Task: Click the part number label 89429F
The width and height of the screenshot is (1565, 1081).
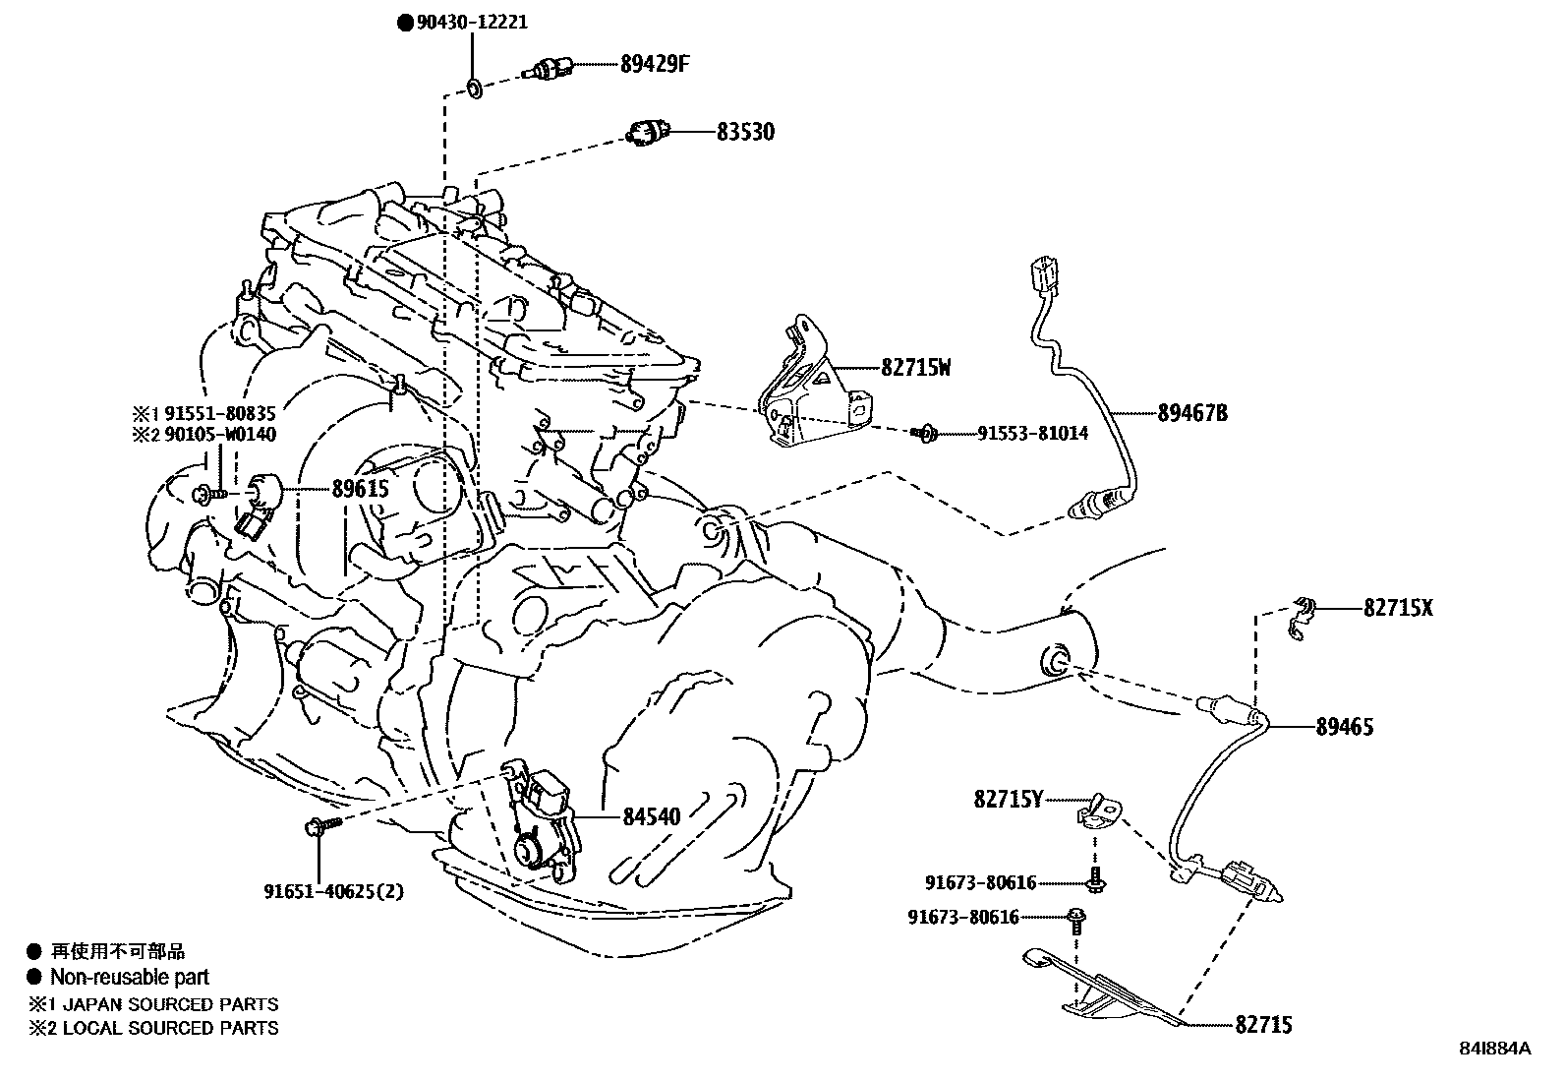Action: tap(655, 65)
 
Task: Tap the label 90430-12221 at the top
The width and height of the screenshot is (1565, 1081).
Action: tap(468, 22)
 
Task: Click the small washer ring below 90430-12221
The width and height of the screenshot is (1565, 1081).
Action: tap(473, 90)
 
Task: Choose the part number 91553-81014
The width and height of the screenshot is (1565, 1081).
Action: tap(1032, 433)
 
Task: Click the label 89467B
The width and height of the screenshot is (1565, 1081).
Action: tap(1192, 413)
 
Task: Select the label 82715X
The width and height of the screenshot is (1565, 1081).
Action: tap(1398, 608)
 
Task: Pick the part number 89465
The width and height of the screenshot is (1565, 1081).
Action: tap(1345, 727)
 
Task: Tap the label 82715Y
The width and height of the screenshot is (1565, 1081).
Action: tap(1009, 800)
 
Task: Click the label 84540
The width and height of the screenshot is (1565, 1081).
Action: tap(651, 816)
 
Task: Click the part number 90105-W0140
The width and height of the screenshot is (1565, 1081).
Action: tap(219, 434)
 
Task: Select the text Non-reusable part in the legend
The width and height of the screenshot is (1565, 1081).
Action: tap(130, 977)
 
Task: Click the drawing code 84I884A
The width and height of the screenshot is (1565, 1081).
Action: tap(1495, 1049)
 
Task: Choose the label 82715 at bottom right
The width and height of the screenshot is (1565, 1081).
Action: tap(1263, 1026)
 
